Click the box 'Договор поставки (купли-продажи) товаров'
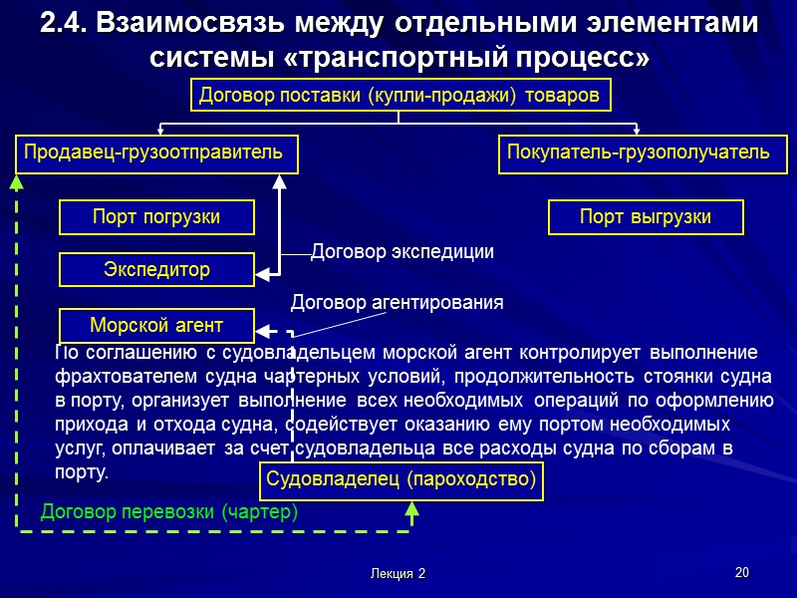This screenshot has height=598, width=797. coord(398,96)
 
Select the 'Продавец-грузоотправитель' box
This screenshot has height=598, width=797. coord(152,152)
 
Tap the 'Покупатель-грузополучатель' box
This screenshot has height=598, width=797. coord(639,152)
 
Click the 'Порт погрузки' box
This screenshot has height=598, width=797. coord(156,216)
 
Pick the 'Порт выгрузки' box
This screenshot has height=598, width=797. coord(646,216)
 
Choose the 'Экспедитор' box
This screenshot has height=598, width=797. coord(156,269)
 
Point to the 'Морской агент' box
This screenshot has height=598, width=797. coord(156,325)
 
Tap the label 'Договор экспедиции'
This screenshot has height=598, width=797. coord(402,252)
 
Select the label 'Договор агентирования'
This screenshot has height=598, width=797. coord(397,301)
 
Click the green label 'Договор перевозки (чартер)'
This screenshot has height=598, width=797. coord(169,512)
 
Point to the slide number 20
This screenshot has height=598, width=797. coord(740,572)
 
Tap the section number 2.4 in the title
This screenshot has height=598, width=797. coord(63,23)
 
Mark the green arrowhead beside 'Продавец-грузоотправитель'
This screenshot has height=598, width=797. coord(16,182)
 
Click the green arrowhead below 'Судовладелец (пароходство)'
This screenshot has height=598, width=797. coord(412,509)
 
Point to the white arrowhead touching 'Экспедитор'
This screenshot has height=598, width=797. coord(261,269)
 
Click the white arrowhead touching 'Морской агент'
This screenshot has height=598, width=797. coord(261,326)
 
